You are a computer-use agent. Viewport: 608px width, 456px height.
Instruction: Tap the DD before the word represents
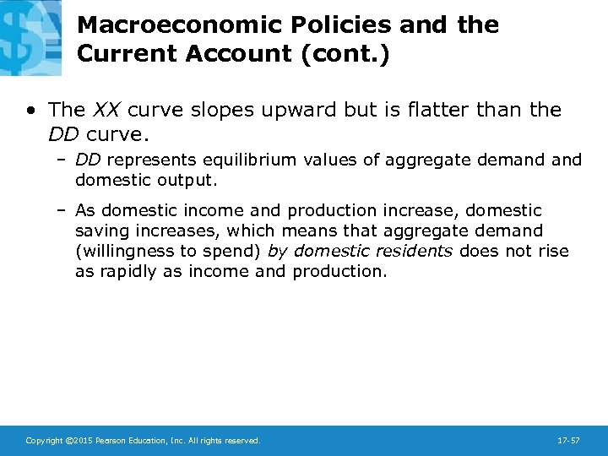click(x=88, y=160)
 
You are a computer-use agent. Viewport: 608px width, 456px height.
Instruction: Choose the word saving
click(x=104, y=231)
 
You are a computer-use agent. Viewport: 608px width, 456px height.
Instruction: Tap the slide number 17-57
click(x=568, y=441)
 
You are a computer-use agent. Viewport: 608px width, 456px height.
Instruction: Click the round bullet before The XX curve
click(x=30, y=110)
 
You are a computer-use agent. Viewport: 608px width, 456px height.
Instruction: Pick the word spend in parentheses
click(x=236, y=251)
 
